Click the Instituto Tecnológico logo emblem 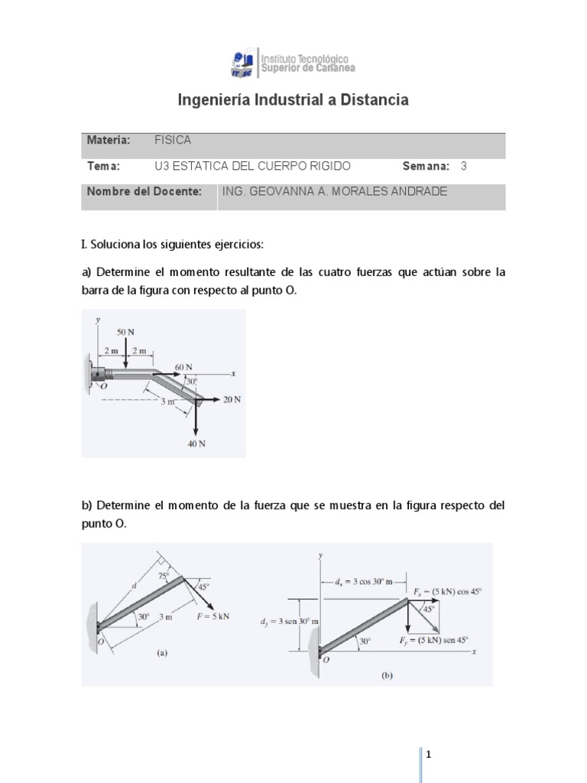(245, 64)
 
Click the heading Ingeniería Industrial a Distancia (293, 100)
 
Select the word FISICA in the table (173, 140)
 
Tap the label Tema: (103, 166)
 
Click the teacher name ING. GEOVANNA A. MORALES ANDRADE (333, 192)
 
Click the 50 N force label (126, 333)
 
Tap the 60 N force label (183, 366)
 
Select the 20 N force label (232, 399)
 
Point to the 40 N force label (196, 443)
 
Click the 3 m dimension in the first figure (168, 401)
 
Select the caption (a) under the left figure (161, 654)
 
